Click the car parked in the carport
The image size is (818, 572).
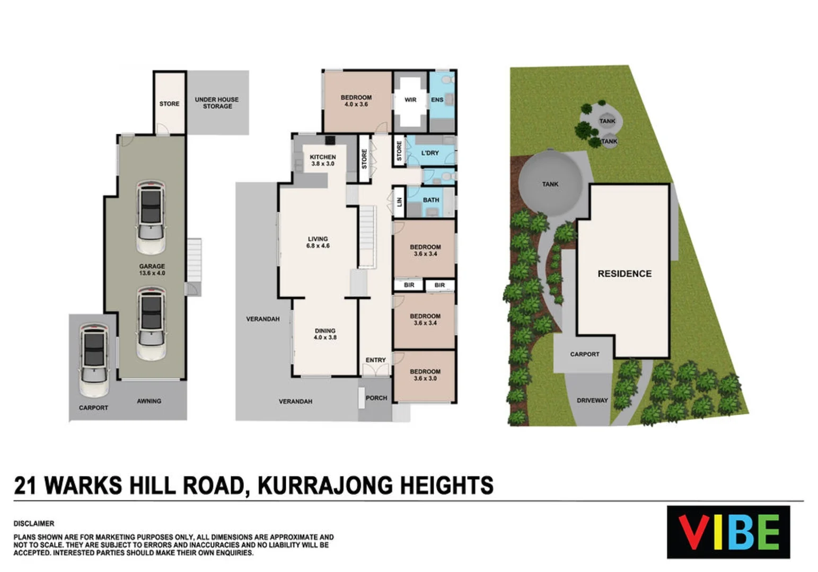(94, 360)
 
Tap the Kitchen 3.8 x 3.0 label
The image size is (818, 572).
(322, 160)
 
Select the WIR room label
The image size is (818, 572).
(410, 100)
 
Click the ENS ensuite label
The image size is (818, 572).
(437, 100)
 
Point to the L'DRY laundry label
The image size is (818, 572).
(430, 153)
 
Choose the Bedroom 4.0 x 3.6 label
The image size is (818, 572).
(356, 101)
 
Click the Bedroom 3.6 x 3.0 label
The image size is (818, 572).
(425, 375)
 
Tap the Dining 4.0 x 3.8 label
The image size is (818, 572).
(325, 334)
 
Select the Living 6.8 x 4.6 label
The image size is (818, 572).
(318, 242)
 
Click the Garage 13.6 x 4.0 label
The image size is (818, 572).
(152, 270)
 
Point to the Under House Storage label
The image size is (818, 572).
(217, 103)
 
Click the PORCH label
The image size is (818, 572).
(376, 398)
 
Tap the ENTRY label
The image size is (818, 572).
(375, 360)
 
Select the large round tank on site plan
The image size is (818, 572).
(550, 183)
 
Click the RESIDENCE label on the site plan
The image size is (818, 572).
(625, 274)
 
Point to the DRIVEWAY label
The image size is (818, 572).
(592, 400)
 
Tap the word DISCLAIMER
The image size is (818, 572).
(34, 523)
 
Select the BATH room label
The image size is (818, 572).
(430, 200)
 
